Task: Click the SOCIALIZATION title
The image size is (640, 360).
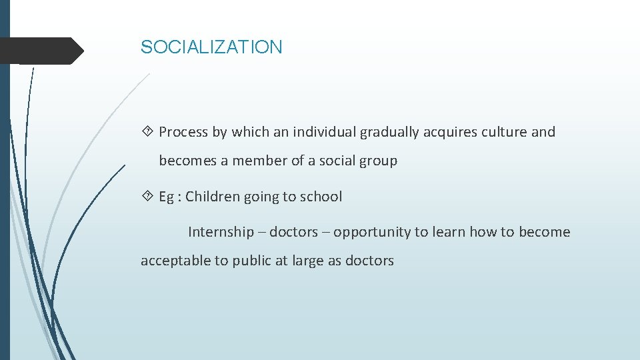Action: click(211, 47)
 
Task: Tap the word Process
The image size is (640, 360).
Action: click(183, 132)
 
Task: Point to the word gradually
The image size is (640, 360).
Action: click(389, 132)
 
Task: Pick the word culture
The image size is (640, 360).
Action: click(504, 132)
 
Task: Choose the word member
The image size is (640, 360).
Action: click(259, 161)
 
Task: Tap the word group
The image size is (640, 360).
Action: click(379, 161)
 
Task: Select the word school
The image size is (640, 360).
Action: click(321, 197)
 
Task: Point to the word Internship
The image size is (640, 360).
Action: click(221, 232)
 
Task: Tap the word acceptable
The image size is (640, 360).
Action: click(175, 261)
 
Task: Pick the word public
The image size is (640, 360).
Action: click(247, 261)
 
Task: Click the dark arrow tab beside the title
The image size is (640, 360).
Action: click(41, 51)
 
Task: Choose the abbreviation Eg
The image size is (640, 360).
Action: click(167, 197)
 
